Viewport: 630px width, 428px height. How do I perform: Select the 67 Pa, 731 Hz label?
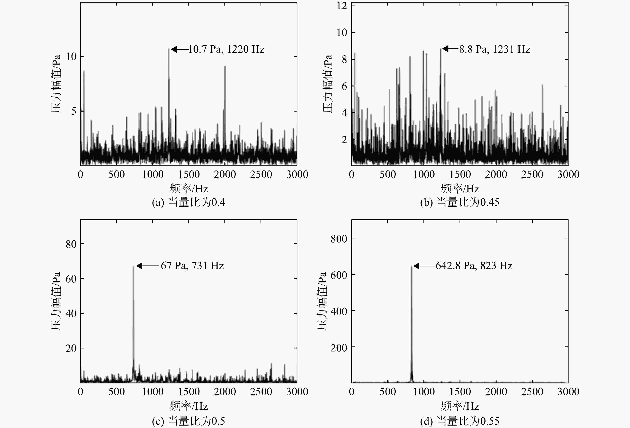coord(192,266)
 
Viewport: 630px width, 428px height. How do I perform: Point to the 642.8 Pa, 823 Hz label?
coord(474,266)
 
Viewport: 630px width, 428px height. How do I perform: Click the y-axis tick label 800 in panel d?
coord(339,239)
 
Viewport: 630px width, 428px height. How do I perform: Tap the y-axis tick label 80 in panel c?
coord(71,244)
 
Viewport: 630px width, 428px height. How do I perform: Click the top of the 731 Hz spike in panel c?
coord(133,267)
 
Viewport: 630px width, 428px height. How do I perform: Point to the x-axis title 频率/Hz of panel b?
coord(460,189)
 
